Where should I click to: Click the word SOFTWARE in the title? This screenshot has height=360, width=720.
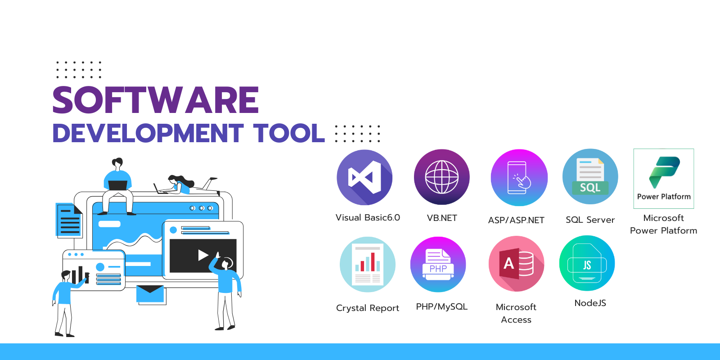156,100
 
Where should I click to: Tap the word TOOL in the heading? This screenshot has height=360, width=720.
288,133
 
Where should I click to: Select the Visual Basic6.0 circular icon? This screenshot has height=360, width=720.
364,177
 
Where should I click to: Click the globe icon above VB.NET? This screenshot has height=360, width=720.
441,177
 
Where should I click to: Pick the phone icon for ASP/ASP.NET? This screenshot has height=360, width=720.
519,178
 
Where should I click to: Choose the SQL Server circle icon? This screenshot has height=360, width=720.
590,176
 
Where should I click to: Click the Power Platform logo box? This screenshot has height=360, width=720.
664,178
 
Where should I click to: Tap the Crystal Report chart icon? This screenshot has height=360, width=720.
367,265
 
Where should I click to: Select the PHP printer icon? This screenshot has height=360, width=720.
438,265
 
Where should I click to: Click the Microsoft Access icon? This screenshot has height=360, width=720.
516,264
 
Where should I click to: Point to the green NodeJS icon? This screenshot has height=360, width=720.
587,263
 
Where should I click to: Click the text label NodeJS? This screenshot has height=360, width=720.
590,303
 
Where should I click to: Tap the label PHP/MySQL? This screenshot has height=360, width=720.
441,307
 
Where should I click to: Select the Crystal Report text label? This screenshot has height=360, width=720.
367,308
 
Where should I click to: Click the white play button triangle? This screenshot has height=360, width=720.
203,255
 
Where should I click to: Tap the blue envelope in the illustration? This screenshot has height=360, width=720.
150,294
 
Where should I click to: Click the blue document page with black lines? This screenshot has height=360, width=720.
69,220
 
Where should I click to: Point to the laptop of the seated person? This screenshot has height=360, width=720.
117,185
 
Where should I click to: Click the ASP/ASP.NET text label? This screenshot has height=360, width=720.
516,220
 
